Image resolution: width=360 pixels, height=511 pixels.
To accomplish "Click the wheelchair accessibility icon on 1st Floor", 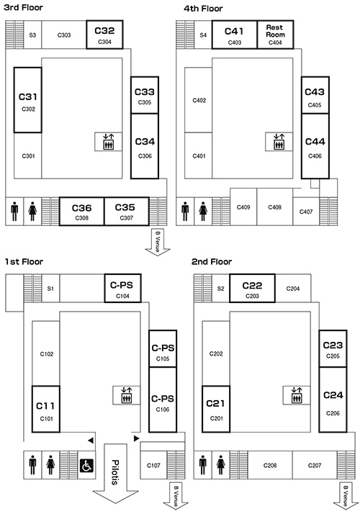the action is (x=86, y=466).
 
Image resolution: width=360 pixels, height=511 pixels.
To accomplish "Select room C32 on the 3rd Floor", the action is (x=104, y=35).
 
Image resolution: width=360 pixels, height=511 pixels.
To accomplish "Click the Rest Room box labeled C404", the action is (x=275, y=35).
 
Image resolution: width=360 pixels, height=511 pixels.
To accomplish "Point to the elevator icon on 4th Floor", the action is (x=278, y=142).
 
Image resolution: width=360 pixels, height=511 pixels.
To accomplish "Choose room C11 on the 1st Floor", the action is (x=46, y=410).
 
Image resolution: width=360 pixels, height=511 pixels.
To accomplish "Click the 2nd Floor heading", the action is (x=212, y=262).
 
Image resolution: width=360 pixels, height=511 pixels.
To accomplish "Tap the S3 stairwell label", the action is (x=32, y=35).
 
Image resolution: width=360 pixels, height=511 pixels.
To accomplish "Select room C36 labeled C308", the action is (x=82, y=211).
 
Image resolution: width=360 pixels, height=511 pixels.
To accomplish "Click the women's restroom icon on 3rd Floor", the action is (x=32, y=211).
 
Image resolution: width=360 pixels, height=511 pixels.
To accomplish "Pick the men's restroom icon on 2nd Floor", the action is (x=203, y=465).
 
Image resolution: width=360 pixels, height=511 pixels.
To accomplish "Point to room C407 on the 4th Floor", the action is (x=306, y=211).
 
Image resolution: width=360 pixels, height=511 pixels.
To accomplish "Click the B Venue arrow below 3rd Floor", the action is (x=158, y=242).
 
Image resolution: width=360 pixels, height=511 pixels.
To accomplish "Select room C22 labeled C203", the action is (x=253, y=289).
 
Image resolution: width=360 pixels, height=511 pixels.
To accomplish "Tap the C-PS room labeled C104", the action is (x=122, y=289).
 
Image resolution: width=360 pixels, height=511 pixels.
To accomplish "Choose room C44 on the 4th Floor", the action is (x=315, y=146).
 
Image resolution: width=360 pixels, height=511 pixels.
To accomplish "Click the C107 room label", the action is (x=153, y=466).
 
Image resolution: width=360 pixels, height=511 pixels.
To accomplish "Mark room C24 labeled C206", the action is (x=333, y=399).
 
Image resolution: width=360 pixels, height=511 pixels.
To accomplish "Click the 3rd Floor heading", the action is (x=23, y=7).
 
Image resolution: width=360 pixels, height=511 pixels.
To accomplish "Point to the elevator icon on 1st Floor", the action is (x=126, y=395).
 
